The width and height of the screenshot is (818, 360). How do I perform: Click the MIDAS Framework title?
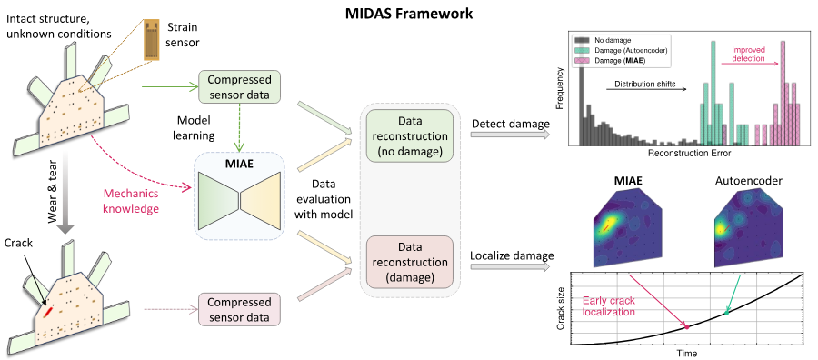point(409,14)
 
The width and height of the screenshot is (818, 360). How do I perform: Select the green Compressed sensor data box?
point(239,87)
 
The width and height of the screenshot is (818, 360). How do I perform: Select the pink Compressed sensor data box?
point(239,309)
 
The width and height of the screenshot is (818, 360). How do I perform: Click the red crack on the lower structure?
point(47,312)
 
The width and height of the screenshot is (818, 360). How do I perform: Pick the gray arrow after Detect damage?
point(511,134)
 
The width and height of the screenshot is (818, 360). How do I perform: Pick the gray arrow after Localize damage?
point(511,266)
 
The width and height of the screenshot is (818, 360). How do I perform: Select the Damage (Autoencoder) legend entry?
point(622,50)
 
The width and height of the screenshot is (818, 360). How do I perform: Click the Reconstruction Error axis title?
point(689,154)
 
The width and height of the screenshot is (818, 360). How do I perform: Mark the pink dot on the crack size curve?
point(686,326)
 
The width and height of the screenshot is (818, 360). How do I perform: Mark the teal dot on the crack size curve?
point(727,313)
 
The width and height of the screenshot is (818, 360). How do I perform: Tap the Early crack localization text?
point(609,306)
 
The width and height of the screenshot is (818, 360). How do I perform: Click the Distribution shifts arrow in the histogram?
point(646,89)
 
